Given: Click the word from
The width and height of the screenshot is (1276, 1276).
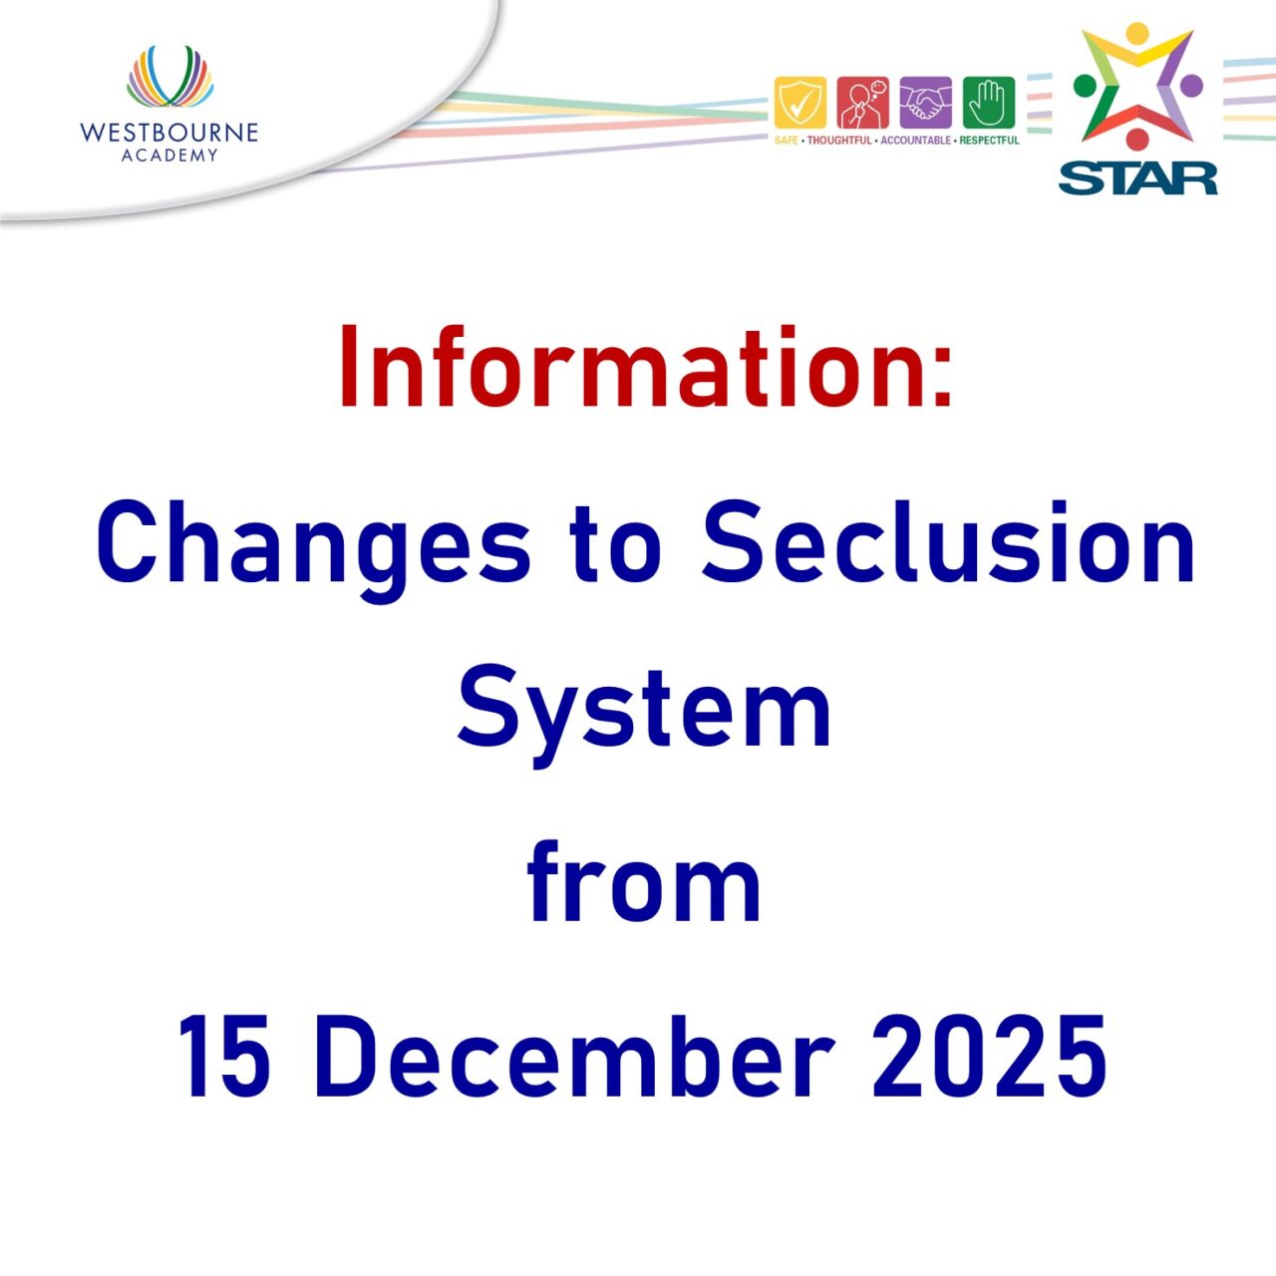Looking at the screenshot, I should (x=644, y=881).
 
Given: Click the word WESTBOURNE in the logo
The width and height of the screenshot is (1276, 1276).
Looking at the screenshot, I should (x=168, y=133).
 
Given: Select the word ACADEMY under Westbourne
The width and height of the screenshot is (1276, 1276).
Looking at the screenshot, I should (x=168, y=156).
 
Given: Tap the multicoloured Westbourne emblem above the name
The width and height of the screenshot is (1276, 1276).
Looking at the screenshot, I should (x=169, y=78).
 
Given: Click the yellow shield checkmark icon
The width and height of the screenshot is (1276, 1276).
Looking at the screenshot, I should (x=799, y=102).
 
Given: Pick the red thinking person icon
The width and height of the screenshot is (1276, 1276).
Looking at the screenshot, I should (x=862, y=102).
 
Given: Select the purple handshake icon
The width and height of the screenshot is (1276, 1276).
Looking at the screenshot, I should (x=925, y=102).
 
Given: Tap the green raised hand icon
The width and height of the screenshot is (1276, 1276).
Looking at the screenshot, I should (x=988, y=102).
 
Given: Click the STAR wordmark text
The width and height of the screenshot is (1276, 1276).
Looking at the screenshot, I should (x=1137, y=178).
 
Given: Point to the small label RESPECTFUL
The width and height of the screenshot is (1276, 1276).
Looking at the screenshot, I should (x=989, y=141).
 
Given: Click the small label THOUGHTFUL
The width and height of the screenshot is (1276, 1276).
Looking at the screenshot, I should (x=838, y=141).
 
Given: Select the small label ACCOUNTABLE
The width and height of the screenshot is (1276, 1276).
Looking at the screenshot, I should (x=915, y=141).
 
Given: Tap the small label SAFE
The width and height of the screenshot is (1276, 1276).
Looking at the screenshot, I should (x=787, y=141).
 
